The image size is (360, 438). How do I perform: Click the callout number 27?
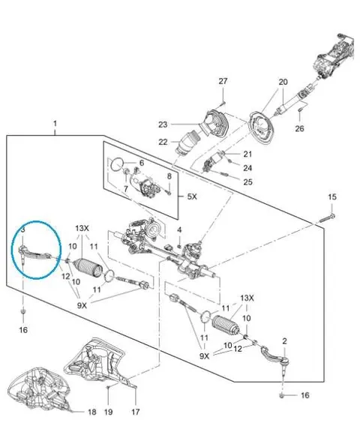[x=223, y=81]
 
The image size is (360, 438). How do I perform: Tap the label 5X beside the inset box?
[x=192, y=196]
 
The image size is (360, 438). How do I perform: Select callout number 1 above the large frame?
[x=55, y=123]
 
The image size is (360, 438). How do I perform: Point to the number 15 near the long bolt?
[x=332, y=197]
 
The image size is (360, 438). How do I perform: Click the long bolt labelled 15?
[x=327, y=218]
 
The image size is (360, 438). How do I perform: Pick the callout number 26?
[x=299, y=128]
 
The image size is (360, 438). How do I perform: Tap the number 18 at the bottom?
[x=92, y=412]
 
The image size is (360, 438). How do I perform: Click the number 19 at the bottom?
[x=108, y=412]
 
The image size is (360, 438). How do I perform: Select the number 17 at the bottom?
[x=136, y=412]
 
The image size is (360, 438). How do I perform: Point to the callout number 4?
[x=179, y=230]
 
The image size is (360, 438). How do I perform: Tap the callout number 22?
[x=163, y=142]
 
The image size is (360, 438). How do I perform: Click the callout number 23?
[x=163, y=124]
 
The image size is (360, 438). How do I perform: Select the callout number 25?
[x=247, y=181]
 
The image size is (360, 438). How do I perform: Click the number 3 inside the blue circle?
[x=23, y=229]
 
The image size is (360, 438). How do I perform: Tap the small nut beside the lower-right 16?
[x=282, y=395]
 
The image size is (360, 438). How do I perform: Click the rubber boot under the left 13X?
[x=88, y=267]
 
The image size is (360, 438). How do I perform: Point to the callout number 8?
[x=169, y=176]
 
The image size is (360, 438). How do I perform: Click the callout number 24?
[x=247, y=168]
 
